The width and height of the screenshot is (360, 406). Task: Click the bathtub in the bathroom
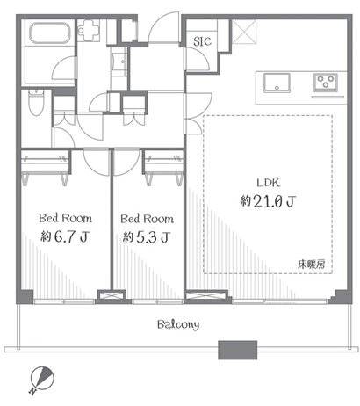50,33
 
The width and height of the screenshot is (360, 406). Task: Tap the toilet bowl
37,103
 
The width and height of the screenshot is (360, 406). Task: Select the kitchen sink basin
277,83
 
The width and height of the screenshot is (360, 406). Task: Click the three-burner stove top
326,82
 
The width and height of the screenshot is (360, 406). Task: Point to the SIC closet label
202,41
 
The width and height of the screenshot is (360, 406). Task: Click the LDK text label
269,183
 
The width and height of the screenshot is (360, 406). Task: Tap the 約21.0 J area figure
268,201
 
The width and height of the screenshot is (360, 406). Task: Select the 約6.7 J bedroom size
65,236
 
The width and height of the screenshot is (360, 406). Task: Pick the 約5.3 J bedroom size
147,237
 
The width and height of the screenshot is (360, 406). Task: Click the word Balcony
178,324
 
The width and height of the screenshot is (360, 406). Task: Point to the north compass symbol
42,379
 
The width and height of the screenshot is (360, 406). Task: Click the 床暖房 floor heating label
311,265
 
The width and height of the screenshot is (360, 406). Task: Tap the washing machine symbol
89,30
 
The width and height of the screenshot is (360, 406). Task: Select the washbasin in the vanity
119,62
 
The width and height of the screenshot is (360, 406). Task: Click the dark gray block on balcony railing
238,350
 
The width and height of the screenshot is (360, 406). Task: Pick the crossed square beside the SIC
244,32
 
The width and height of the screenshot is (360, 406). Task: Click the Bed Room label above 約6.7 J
66,218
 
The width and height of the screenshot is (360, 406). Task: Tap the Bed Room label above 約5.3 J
147,219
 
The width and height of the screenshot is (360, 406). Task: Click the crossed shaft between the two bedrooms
112,295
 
